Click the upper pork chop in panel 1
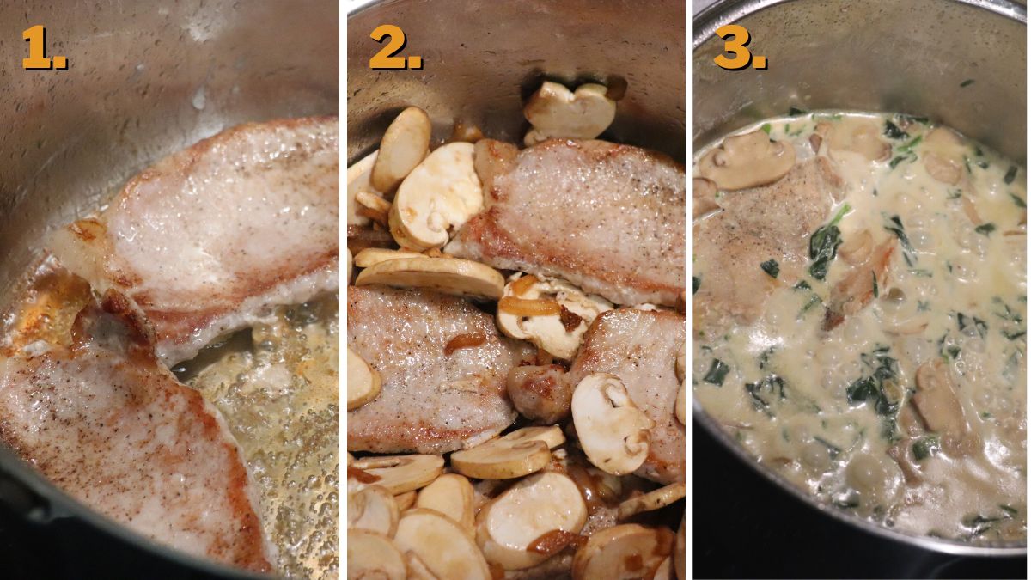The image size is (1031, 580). coord(232,223)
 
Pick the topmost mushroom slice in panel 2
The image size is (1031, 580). coord(571,107)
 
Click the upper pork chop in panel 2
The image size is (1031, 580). coord(576,215)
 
